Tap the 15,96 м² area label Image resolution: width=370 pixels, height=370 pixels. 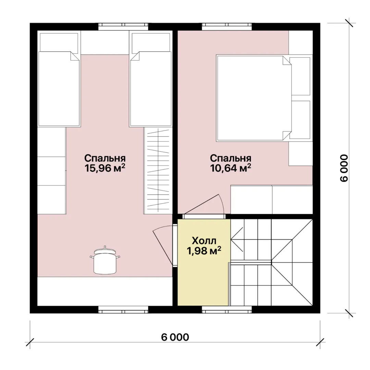coord(105,168)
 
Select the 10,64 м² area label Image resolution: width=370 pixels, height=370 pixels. coord(231,168)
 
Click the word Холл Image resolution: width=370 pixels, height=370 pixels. coord(204,241)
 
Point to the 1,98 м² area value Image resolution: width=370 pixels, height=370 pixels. coord(204,251)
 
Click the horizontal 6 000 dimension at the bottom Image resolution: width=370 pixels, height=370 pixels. coord(175,337)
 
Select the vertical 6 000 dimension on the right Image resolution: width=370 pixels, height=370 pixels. coord(344,168)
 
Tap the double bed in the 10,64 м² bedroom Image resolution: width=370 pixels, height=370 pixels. coord(254,98)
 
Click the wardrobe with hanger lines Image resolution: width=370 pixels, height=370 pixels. coord(158,171)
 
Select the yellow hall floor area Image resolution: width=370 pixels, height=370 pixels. coord(203,262)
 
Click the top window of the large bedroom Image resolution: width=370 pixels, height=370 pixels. coord(123,27)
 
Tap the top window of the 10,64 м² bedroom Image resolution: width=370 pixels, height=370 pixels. coord(227,27)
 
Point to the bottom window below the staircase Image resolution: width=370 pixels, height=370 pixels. coord(227,310)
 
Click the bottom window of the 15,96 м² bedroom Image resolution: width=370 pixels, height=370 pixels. coord(123,310)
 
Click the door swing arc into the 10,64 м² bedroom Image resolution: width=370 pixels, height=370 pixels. coord(222,203)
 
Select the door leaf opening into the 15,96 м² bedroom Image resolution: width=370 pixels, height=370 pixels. coord(163,248)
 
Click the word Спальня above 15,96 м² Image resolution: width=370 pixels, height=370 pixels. coord(105,158)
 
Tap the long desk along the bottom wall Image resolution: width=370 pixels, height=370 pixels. coord(105,291)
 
